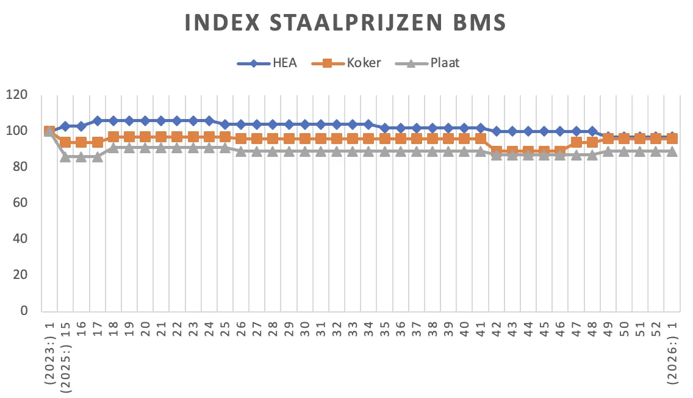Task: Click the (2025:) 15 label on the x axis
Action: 65,351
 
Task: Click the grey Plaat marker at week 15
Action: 65,156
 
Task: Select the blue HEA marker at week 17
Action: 97,121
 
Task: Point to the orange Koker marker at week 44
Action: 528,151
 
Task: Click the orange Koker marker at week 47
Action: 576,142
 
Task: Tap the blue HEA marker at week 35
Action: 384,128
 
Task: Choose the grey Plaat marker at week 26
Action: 240,151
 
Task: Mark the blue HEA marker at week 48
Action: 592,131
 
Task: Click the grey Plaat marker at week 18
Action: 113,147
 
